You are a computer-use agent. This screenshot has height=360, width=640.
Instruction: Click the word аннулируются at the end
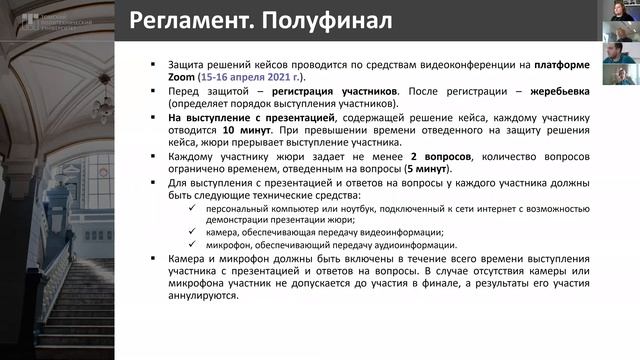pos(207,297)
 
